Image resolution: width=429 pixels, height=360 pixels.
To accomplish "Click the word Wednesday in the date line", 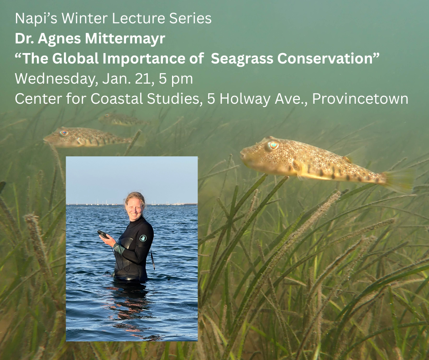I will (52, 79).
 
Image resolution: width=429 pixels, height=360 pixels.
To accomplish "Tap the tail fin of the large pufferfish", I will (398, 180).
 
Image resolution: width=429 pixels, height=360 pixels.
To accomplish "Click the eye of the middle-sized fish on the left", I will (64, 133).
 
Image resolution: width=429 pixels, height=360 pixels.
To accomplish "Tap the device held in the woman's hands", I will (103, 234).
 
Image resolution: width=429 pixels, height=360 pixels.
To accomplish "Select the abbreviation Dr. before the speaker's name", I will (23, 39).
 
